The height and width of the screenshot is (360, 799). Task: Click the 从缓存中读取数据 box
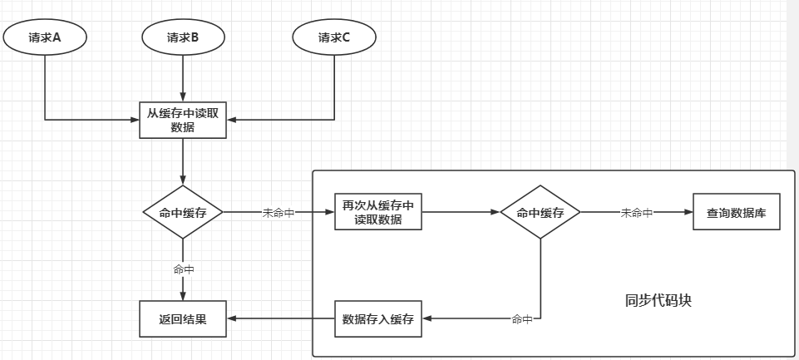pyautogui.click(x=182, y=120)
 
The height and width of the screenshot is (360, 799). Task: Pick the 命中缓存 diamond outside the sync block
pyautogui.click(x=182, y=213)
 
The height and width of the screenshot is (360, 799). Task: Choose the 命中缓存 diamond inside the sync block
pyautogui.click(x=540, y=213)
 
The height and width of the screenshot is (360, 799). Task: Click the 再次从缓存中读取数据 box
pyautogui.click(x=377, y=213)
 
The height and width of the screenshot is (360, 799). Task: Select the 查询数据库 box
pyautogui.click(x=737, y=213)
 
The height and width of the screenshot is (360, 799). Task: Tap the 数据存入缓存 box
pyautogui.click(x=377, y=319)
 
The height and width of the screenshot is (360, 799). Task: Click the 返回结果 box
pyautogui.click(x=182, y=319)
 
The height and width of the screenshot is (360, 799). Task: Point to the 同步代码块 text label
pyautogui.click(x=658, y=300)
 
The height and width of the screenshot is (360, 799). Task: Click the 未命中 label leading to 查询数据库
pyautogui.click(x=637, y=213)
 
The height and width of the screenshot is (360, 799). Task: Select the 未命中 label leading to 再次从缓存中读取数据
pyautogui.click(x=279, y=213)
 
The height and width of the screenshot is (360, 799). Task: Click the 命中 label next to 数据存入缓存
pyautogui.click(x=521, y=319)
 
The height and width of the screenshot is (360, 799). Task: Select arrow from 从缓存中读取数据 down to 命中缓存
pyautogui.click(x=182, y=162)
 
